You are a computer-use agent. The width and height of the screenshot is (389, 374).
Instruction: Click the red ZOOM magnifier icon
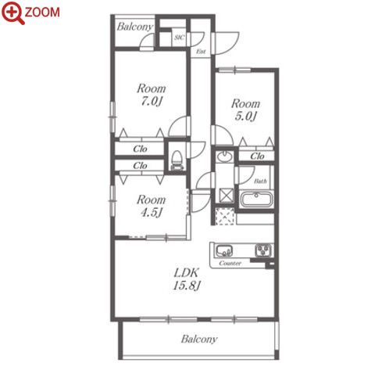(12, 13)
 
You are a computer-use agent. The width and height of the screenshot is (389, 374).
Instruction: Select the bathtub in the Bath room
(256, 200)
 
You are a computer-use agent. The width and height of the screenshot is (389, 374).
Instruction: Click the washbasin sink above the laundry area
(224, 156)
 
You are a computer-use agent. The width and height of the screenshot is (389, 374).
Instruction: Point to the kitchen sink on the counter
(224, 251)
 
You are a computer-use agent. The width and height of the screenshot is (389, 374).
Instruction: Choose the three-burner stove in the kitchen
(263, 250)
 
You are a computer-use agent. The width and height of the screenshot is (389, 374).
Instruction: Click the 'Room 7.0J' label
(152, 95)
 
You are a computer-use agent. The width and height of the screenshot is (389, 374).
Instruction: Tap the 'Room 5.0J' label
(245, 110)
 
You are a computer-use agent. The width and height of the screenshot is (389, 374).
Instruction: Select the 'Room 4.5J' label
(152, 206)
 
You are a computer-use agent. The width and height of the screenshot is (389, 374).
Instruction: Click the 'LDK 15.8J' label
(187, 279)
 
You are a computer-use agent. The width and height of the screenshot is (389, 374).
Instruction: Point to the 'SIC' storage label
(179, 38)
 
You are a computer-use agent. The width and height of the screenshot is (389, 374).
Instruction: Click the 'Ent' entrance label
(201, 52)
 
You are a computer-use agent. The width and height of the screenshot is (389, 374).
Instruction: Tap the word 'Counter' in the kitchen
(230, 263)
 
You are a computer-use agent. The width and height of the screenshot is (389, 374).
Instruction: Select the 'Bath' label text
(260, 181)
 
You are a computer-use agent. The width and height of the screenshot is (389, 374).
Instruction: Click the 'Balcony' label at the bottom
(199, 339)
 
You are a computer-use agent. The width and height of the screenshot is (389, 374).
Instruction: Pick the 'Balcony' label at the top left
(135, 27)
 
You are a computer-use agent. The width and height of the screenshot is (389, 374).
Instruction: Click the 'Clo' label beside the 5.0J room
(257, 156)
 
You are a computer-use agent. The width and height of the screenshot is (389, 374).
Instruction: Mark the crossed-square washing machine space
(226, 195)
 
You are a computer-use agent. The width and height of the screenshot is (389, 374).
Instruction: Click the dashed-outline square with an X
(225, 216)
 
